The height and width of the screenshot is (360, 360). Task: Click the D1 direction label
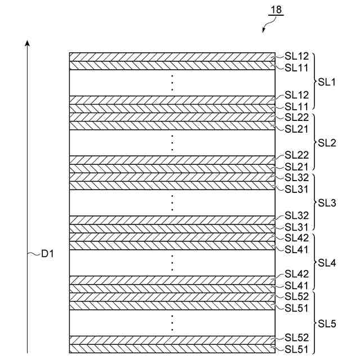pos(47,254)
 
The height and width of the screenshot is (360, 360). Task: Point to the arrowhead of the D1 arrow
pos(27,43)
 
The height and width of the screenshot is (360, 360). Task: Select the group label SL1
pos(327,82)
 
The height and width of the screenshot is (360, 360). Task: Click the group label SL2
pos(327,142)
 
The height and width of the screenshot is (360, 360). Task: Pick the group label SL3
pos(327,202)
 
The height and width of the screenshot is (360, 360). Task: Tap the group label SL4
pos(327,263)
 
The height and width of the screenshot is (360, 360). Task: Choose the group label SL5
pos(327,323)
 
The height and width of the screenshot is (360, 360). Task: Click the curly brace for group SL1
pos(314,82)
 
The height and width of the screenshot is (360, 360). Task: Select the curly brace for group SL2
pos(314,142)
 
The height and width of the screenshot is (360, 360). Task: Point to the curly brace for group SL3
pos(314,202)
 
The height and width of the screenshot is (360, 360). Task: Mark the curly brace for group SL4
pos(314,263)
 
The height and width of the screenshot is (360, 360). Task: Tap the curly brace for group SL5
pos(314,323)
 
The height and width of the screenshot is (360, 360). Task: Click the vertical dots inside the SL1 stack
pos(173,83)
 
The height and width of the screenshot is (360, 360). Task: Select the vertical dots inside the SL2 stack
pos(173,143)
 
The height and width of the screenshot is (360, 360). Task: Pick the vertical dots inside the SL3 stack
pos(173,203)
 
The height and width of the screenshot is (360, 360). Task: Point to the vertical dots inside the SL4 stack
pos(173,263)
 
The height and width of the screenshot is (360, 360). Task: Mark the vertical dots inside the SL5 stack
pos(173,323)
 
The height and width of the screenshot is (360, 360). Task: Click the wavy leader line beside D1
pos(34,254)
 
